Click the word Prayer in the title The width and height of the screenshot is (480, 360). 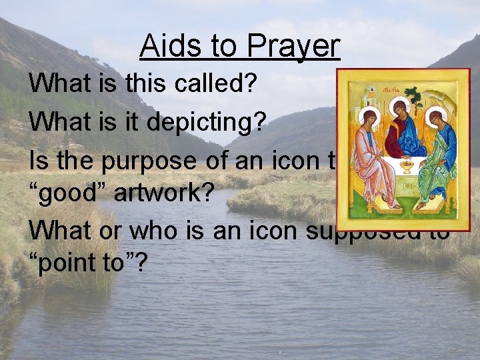click(293, 47)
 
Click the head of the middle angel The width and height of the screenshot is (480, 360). click(401, 106)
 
